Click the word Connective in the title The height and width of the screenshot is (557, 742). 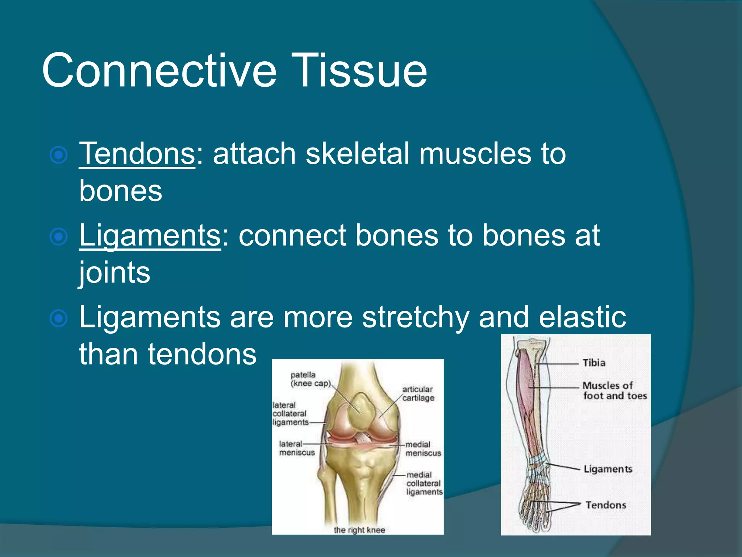(159, 70)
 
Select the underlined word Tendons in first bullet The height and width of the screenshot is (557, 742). (137, 154)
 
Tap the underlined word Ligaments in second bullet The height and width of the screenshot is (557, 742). (150, 236)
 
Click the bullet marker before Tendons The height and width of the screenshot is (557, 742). (59, 155)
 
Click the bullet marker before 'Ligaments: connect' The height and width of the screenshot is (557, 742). (59, 237)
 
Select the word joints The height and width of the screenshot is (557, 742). (114, 273)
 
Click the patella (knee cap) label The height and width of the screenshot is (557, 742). (310, 379)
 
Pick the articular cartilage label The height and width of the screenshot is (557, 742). (418, 393)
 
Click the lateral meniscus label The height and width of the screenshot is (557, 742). (296, 448)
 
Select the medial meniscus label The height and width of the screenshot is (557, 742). (423, 449)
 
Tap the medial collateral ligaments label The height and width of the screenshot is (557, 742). (424, 483)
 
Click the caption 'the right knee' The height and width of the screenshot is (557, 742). (359, 530)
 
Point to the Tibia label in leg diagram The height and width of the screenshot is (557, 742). (594, 363)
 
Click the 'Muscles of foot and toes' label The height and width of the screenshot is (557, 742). (614, 391)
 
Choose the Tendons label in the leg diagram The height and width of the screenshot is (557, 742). (606, 505)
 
